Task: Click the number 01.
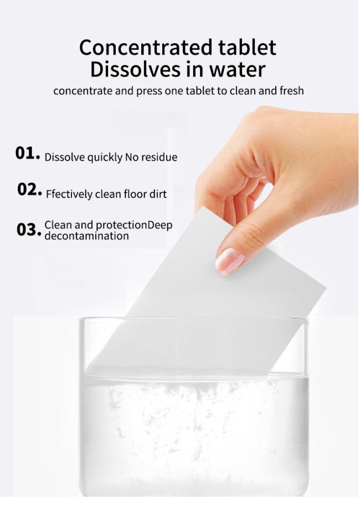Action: pos(27,154)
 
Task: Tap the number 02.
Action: pos(29,190)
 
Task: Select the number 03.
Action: pos(29,229)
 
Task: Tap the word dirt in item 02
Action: pos(157,195)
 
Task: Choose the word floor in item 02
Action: pos(131,195)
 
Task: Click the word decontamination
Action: pos(86,236)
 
